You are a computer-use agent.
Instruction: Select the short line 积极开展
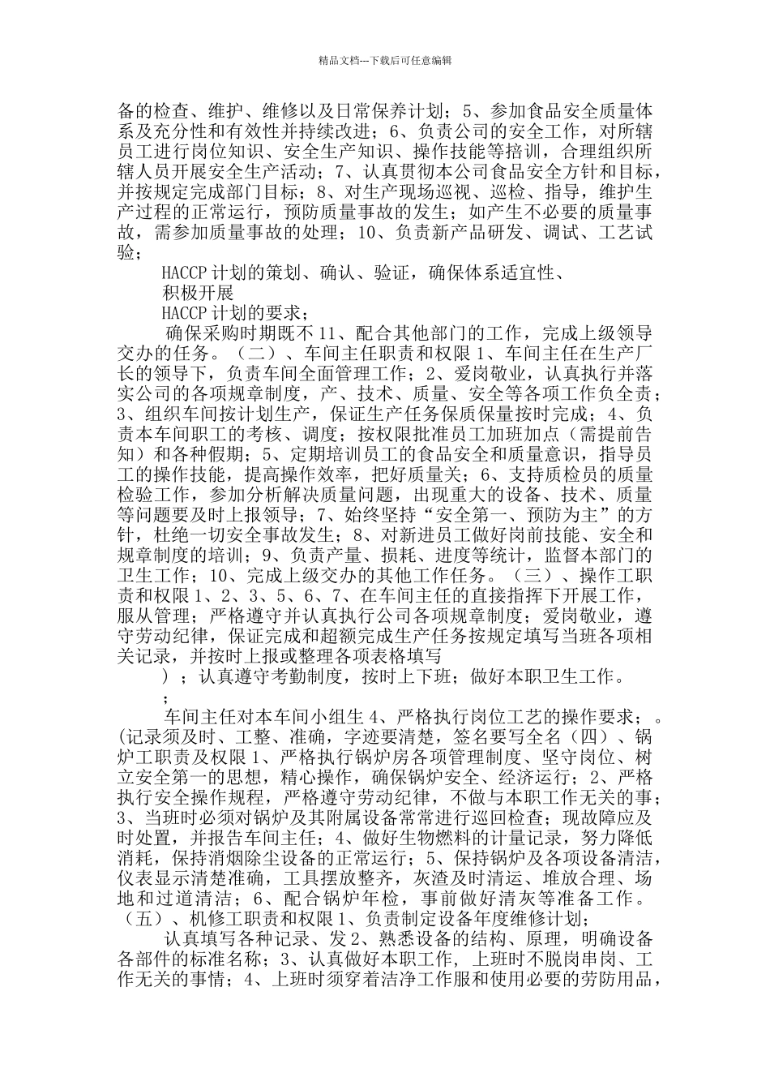pyautogui.click(x=197, y=292)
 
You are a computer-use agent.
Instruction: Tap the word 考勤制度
pyautogui.click(x=303, y=676)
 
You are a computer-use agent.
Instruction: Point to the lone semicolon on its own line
pyautogui.click(x=166, y=697)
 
